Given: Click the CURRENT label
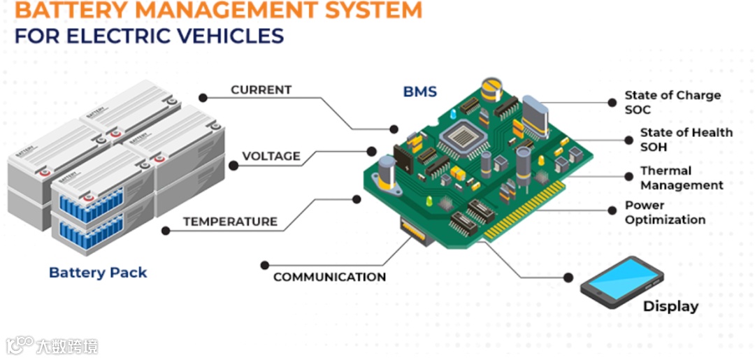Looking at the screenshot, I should click(261, 89).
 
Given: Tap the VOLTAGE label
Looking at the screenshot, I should click(271, 156).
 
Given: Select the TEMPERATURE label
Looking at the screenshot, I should click(230, 222).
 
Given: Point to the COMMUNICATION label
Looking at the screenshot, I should click(329, 277).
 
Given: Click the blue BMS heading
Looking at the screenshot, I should click(420, 92).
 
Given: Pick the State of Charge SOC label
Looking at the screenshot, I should click(672, 102).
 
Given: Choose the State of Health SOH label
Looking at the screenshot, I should click(686, 139).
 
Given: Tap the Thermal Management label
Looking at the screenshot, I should click(681, 178).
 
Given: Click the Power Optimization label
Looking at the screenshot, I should click(665, 213).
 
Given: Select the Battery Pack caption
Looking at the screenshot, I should click(98, 273).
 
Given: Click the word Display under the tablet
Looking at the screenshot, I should click(670, 306).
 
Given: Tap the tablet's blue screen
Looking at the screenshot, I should click(621, 278).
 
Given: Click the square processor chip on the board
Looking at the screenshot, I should click(459, 138).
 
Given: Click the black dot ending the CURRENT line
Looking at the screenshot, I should click(394, 129).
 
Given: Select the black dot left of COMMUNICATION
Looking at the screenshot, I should click(264, 266).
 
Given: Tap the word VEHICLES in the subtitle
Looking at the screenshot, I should click(233, 36).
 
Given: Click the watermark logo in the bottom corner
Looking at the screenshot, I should click(21, 345).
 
